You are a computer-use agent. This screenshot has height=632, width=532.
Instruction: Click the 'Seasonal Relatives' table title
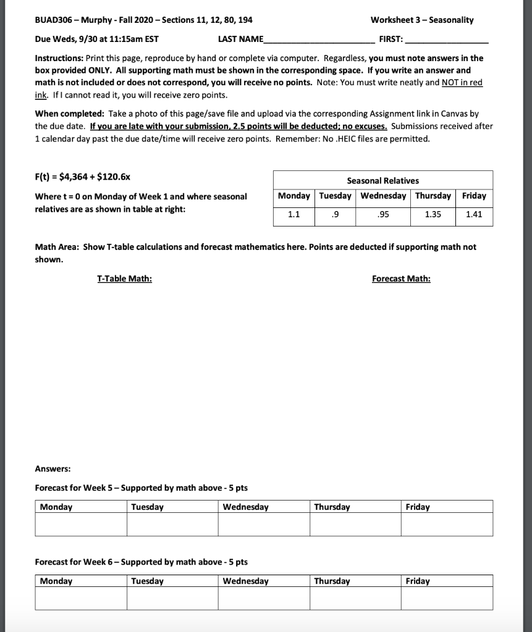point(382,180)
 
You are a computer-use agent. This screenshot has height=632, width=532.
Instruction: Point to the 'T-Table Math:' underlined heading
point(124,278)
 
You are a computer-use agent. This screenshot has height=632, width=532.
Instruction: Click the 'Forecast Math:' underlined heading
point(401,278)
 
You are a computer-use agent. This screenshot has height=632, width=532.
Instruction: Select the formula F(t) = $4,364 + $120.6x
point(82,177)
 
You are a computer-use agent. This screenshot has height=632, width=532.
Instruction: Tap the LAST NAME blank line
point(318,40)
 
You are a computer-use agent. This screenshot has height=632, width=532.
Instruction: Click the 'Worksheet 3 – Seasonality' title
point(422,20)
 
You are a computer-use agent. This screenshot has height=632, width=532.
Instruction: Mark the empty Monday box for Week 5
point(81,525)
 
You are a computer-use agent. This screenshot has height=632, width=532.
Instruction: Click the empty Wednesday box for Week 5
point(264,525)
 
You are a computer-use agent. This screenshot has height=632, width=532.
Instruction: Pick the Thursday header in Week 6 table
point(332,581)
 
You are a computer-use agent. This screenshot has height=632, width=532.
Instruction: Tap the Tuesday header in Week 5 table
point(148,507)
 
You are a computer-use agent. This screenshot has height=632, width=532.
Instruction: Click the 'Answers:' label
point(53,468)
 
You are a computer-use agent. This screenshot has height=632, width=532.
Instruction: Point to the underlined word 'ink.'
point(41,95)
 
